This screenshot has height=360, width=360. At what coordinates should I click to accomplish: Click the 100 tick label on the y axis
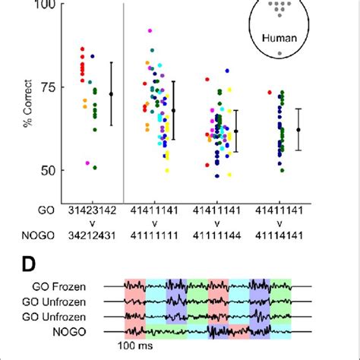point(44,5)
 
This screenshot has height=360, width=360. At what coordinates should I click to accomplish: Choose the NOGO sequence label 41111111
point(157,235)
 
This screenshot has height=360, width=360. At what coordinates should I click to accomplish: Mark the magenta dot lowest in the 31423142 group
point(87,163)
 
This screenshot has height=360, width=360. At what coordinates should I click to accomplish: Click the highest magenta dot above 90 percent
point(150,31)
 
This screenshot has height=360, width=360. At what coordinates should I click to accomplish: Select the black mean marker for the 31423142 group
point(112,94)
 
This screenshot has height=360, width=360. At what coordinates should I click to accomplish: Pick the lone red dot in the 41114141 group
point(270,93)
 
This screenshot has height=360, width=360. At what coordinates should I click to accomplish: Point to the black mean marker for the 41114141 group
point(298,129)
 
